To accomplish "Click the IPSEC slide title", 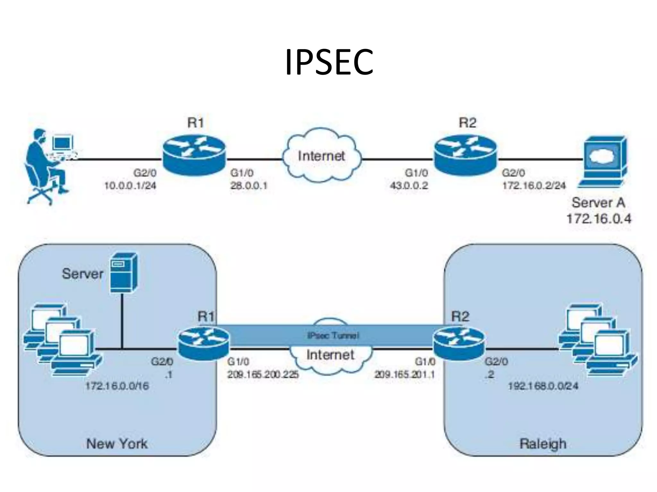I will (329, 62).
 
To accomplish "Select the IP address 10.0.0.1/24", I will (130, 186).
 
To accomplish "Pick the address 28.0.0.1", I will (249, 186).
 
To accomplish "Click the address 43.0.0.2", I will (409, 186).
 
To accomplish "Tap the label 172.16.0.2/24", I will (534, 186).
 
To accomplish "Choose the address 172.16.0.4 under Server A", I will (599, 219).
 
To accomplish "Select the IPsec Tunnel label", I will (333, 335).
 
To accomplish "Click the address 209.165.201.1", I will (405, 374).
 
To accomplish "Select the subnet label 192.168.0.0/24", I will (543, 386).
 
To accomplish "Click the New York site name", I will (117, 444).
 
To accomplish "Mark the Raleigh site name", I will (543, 444).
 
